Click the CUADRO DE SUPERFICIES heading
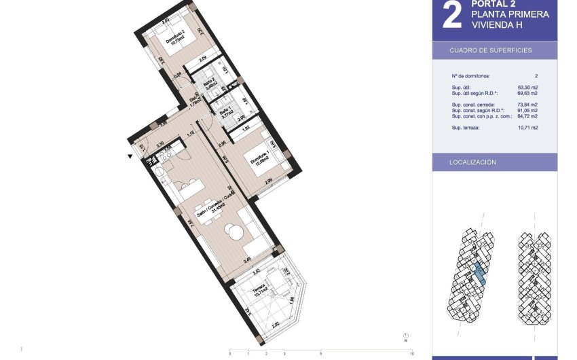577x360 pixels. click(490, 51)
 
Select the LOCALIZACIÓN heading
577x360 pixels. click(473, 162)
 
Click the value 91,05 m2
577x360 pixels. click(527, 110)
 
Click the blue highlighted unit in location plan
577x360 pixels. click(479, 273)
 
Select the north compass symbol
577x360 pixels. click(405, 336)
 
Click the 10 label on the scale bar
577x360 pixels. click(412, 353)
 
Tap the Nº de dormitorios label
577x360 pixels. click(470, 76)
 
